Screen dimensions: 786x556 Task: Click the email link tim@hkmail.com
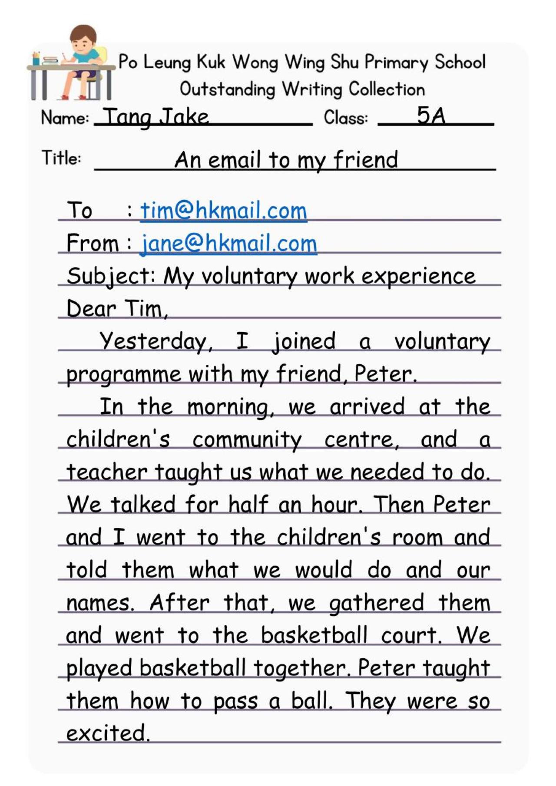(223, 211)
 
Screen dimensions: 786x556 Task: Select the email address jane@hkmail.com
(228, 243)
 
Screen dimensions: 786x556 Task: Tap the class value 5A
(431, 116)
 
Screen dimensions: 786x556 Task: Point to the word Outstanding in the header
(227, 89)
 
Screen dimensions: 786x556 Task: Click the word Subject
(110, 276)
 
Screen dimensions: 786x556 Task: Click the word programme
(123, 374)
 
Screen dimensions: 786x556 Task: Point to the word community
(247, 440)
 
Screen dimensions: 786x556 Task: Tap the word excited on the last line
(107, 733)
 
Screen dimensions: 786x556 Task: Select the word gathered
(376, 603)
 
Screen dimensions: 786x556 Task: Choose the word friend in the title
(365, 159)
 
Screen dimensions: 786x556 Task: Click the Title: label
(61, 158)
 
